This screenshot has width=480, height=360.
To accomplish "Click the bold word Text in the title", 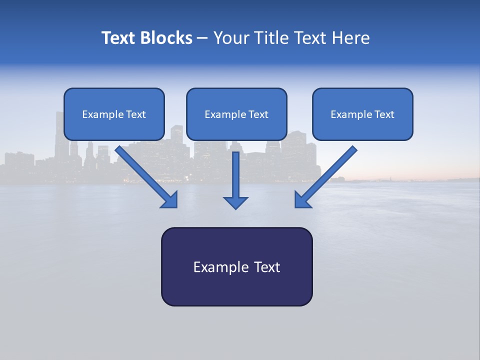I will (x=117, y=38).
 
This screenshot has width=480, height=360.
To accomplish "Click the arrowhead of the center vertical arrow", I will (x=235, y=202).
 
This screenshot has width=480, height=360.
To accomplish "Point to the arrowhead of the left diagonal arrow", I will (x=170, y=200).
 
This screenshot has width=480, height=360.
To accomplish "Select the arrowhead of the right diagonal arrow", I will (x=302, y=200).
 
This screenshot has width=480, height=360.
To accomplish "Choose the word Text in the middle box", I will (x=258, y=114).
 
